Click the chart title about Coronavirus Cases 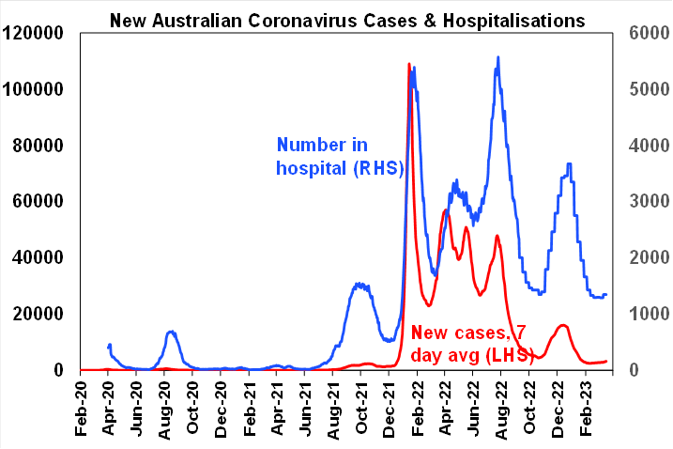point(347,20)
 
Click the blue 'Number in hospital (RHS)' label point(339,157)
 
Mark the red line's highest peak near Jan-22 point(409,64)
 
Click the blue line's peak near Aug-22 point(497,57)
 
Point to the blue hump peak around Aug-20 point(172,332)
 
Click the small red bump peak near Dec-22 point(562,325)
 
